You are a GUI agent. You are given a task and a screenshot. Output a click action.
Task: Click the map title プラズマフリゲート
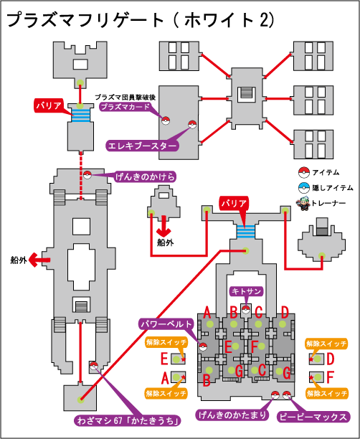[85, 20]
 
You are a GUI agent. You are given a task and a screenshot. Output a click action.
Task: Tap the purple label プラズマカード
[125, 107]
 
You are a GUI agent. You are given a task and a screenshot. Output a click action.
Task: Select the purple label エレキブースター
[142, 146]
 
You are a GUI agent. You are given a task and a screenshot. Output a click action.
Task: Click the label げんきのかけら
[145, 177]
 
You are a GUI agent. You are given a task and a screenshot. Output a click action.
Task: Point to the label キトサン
[246, 291]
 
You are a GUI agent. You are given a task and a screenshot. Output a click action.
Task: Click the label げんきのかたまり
[232, 415]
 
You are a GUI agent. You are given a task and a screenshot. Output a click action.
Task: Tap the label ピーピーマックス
[313, 417]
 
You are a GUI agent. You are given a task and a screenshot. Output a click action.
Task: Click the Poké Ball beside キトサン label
[246, 309]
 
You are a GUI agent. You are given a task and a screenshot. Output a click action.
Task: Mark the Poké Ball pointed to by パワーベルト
[203, 347]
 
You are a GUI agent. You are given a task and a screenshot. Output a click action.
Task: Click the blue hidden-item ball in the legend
[304, 188]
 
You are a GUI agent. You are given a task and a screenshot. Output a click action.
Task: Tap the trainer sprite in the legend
[304, 204]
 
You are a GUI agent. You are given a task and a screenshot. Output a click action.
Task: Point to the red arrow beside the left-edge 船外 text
[39, 260]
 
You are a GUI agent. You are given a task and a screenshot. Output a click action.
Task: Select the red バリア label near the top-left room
[49, 106]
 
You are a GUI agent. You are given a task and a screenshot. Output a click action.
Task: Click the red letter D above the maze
[285, 313]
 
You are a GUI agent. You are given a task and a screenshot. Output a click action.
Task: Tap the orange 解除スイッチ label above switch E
[166, 342]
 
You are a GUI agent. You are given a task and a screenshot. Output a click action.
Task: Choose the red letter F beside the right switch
[330, 377]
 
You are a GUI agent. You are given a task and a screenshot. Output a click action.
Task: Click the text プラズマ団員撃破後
[125, 98]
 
